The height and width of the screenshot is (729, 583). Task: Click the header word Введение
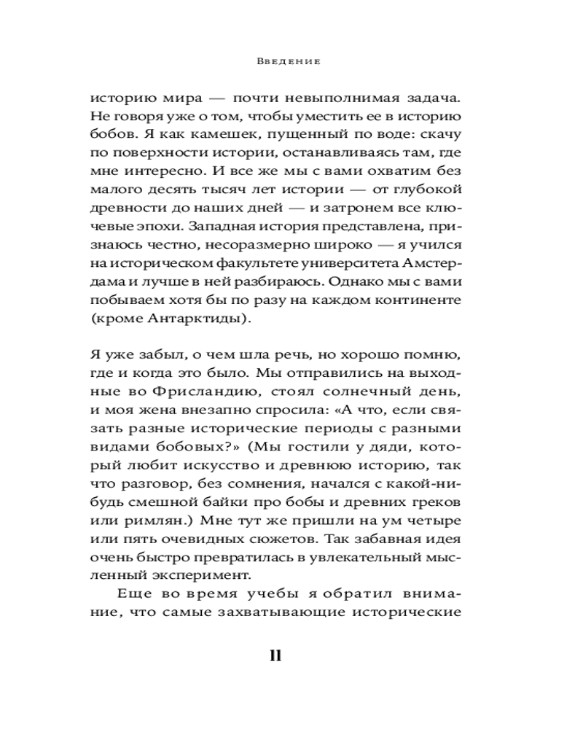(x=289, y=62)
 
